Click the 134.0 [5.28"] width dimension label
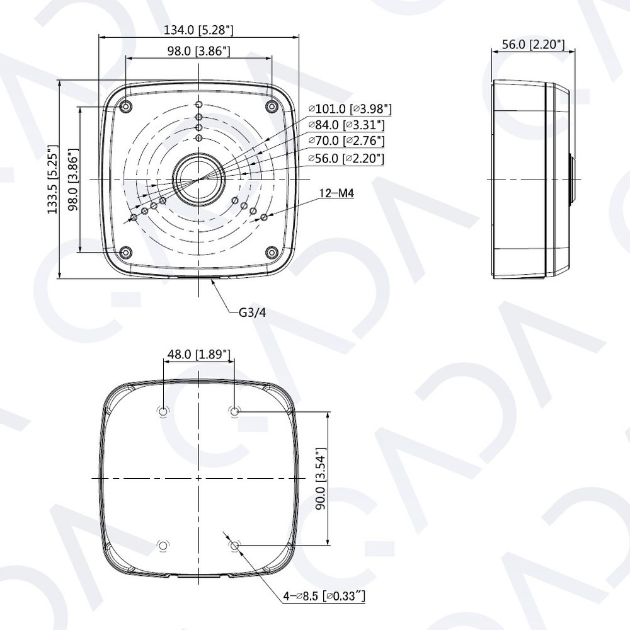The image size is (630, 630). click(198, 30)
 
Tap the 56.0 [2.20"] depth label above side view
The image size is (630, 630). click(533, 44)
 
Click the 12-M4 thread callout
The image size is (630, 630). click(336, 194)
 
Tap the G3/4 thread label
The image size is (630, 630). click(252, 312)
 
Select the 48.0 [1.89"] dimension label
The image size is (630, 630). click(198, 355)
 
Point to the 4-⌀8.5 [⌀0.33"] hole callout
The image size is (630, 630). click(325, 595)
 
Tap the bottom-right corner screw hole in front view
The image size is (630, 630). click(271, 253)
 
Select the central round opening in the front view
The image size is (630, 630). click(198, 180)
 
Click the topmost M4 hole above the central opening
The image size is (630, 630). click(199, 105)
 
